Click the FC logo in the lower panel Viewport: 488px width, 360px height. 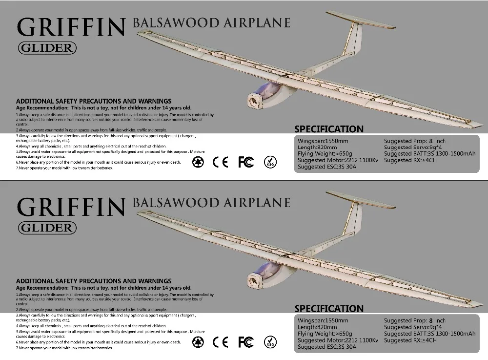[x=245, y=341]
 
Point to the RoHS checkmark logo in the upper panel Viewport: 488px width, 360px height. [x=269, y=162]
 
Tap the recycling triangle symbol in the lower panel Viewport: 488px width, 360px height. [x=198, y=341]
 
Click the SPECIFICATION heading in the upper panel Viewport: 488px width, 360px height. [x=329, y=129]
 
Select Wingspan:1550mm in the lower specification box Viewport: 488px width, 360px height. [x=323, y=321]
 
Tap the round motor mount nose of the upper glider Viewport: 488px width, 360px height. [x=254, y=101]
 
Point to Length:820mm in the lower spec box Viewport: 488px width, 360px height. [x=318, y=327]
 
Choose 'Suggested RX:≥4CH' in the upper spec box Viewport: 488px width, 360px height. [x=410, y=160]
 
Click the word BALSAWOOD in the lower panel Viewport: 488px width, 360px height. [x=170, y=202]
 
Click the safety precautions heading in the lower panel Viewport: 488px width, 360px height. [x=94, y=281]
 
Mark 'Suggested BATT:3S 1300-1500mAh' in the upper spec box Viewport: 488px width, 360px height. [x=429, y=154]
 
